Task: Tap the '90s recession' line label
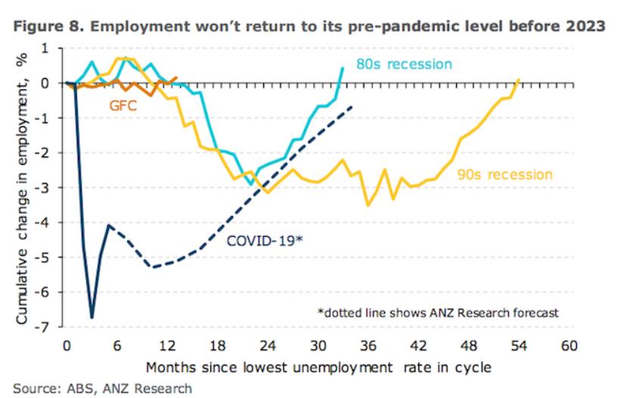[x=504, y=175]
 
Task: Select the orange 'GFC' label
[x=123, y=105]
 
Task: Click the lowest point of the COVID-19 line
[x=92, y=317]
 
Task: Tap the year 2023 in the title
[x=585, y=26]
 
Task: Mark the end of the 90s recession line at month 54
[x=519, y=79]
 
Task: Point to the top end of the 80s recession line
[x=343, y=68]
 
